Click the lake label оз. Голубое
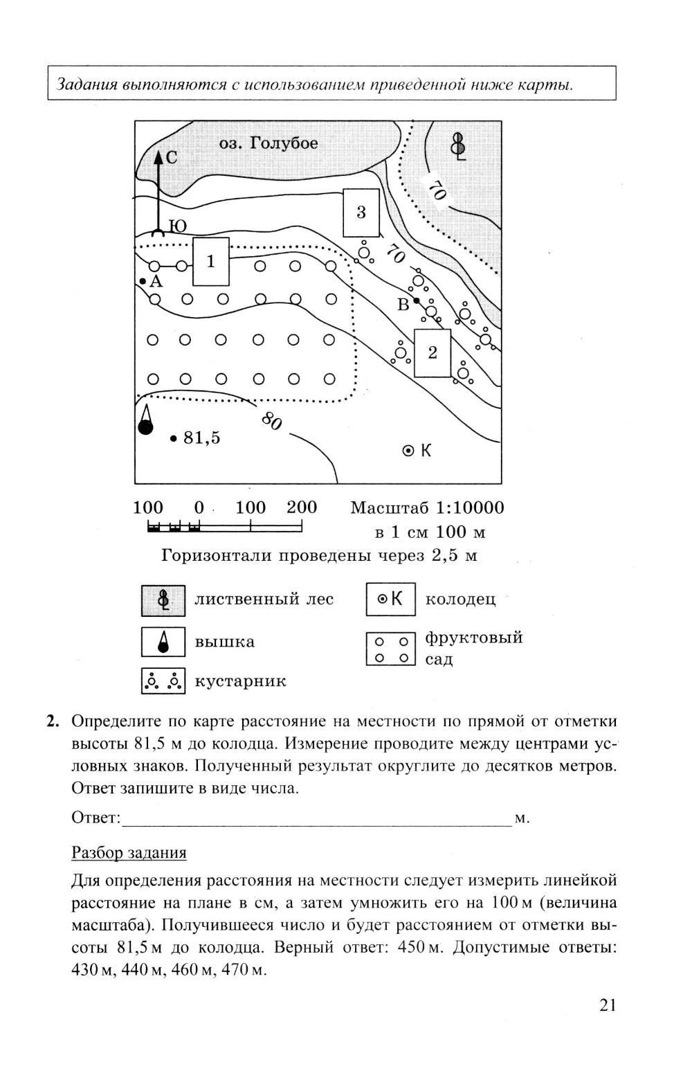click(x=268, y=143)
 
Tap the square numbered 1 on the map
click(x=211, y=262)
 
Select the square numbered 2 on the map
click(x=432, y=353)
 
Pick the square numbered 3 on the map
click(x=361, y=212)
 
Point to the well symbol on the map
click(x=408, y=451)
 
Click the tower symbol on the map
click(x=145, y=420)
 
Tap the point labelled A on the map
click(x=142, y=281)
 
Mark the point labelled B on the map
click(x=416, y=300)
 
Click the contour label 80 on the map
click(x=271, y=420)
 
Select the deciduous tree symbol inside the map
click(x=458, y=145)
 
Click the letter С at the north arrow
click(x=171, y=158)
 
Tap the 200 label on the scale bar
click(x=302, y=507)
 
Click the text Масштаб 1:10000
click(x=427, y=508)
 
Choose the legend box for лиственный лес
click(x=163, y=600)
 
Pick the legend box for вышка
click(x=163, y=641)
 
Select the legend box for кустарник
click(x=163, y=681)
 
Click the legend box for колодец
click(x=390, y=600)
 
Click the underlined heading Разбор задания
click(x=129, y=852)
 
